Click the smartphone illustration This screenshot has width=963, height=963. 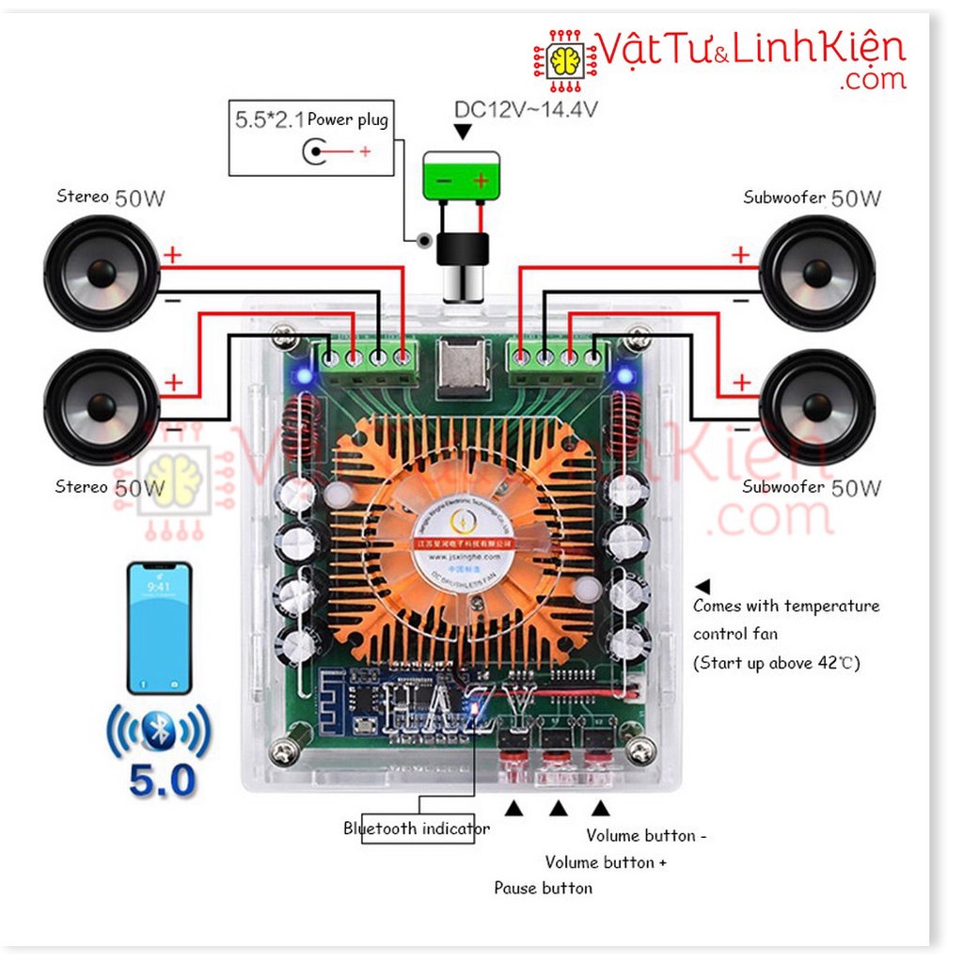[159, 627]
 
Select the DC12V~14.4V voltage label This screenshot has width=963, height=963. [526, 109]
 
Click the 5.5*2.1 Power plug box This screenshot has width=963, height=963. [311, 136]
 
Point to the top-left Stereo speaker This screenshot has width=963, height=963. [102, 273]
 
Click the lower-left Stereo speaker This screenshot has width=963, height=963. [102, 406]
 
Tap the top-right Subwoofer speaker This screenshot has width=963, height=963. [816, 273]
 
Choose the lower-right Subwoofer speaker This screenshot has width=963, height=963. [816, 406]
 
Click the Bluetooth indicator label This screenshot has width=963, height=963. [417, 829]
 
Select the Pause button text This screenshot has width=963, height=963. [544, 888]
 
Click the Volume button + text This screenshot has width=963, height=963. [606, 861]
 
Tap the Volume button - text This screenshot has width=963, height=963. [646, 835]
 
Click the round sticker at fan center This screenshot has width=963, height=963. [461, 537]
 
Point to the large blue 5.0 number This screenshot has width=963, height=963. [161, 780]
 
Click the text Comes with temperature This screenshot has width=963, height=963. [786, 606]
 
